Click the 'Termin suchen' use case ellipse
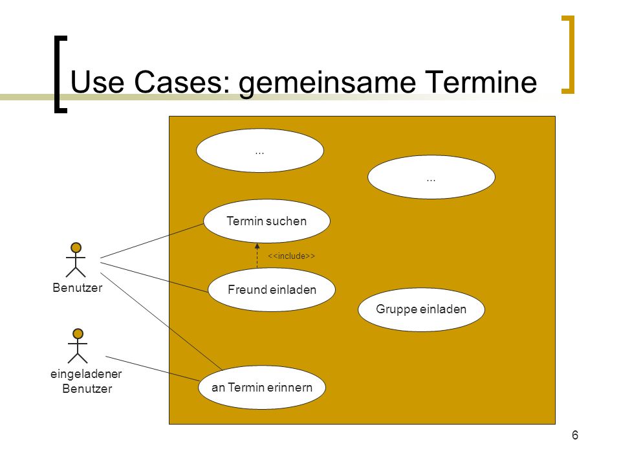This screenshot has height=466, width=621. point(267,221)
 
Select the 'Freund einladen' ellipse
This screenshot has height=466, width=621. point(272,290)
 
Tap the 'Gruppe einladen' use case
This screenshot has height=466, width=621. point(421,309)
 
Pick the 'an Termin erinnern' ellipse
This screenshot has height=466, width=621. point(262,387)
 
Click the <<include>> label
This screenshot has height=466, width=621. point(291,256)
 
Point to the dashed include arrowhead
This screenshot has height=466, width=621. point(257,246)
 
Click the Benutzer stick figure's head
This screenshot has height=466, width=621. point(76,248)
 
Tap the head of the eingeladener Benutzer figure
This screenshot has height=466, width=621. point(78,334)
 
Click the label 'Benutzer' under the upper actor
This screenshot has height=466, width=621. point(77,287)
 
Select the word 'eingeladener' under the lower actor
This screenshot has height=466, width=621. point(86,374)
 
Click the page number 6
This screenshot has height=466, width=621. point(575,435)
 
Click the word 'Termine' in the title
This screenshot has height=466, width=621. point(481,82)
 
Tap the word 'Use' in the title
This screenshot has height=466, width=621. point(97,82)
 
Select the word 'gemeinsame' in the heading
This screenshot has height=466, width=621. point(327,84)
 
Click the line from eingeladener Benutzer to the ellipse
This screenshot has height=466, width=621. point(153,368)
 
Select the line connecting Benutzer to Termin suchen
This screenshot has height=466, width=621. point(152,241)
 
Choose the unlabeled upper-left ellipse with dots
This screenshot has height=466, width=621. point(260,151)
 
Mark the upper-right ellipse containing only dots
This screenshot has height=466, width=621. point(431,177)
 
